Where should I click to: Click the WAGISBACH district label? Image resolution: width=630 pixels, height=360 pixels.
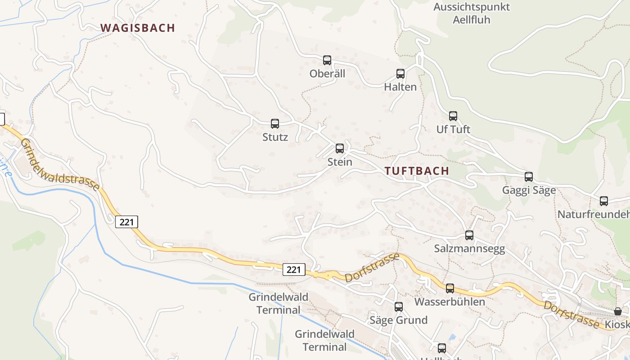(x=138, y=28)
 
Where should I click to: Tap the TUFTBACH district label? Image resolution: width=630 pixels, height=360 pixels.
(x=417, y=171)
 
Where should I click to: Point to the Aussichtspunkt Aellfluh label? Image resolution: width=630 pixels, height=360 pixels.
(x=472, y=13)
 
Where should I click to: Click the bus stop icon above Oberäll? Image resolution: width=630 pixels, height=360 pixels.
(x=327, y=60)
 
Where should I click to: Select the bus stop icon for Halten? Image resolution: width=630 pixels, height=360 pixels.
(x=400, y=74)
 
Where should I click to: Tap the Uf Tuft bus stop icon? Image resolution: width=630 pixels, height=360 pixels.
(x=453, y=116)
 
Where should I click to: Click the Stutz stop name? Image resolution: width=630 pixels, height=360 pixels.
(x=275, y=137)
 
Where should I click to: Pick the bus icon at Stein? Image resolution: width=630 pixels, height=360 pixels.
(x=340, y=148)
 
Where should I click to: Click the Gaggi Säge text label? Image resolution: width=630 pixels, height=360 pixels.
(x=529, y=190)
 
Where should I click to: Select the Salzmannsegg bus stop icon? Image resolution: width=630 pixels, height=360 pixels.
(x=469, y=235)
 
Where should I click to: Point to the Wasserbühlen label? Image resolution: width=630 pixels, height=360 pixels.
(x=450, y=301)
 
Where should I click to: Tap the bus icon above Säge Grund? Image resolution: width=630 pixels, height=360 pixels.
(x=399, y=307)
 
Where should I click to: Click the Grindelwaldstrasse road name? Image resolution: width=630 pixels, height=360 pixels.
(x=60, y=165)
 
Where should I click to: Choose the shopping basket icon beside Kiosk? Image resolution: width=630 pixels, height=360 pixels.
(x=618, y=311)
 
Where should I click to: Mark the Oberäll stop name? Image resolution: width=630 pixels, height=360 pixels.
(x=327, y=74)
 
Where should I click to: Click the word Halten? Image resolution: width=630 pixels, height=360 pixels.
(x=400, y=87)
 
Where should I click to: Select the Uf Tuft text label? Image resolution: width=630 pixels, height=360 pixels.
(x=453, y=130)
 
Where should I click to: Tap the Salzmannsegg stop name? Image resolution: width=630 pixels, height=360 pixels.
(x=469, y=249)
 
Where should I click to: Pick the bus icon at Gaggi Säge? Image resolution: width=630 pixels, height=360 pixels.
(x=529, y=177)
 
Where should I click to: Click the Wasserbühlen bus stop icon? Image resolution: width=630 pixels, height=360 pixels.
(x=450, y=288)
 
